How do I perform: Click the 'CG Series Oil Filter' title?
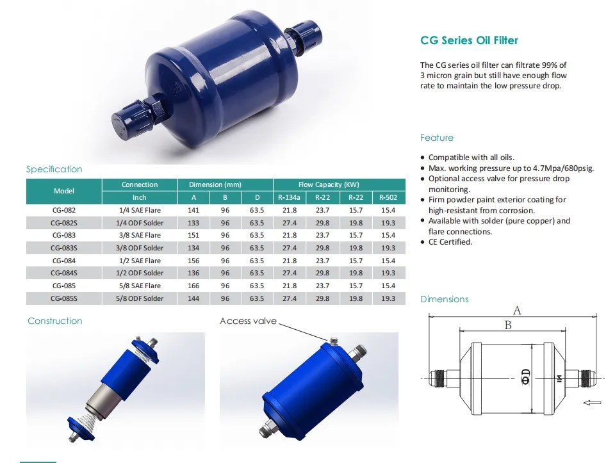[x=469, y=40]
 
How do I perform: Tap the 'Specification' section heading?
[x=54, y=169]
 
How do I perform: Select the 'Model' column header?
[x=64, y=191]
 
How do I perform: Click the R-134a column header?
[x=289, y=198]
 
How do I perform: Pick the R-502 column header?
[x=388, y=198]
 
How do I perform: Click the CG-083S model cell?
[x=64, y=248]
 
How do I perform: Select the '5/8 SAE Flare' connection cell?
[x=140, y=286]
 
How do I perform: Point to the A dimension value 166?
[x=193, y=286]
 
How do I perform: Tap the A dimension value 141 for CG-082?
[x=193, y=210]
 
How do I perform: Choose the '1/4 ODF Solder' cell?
[x=140, y=223]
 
